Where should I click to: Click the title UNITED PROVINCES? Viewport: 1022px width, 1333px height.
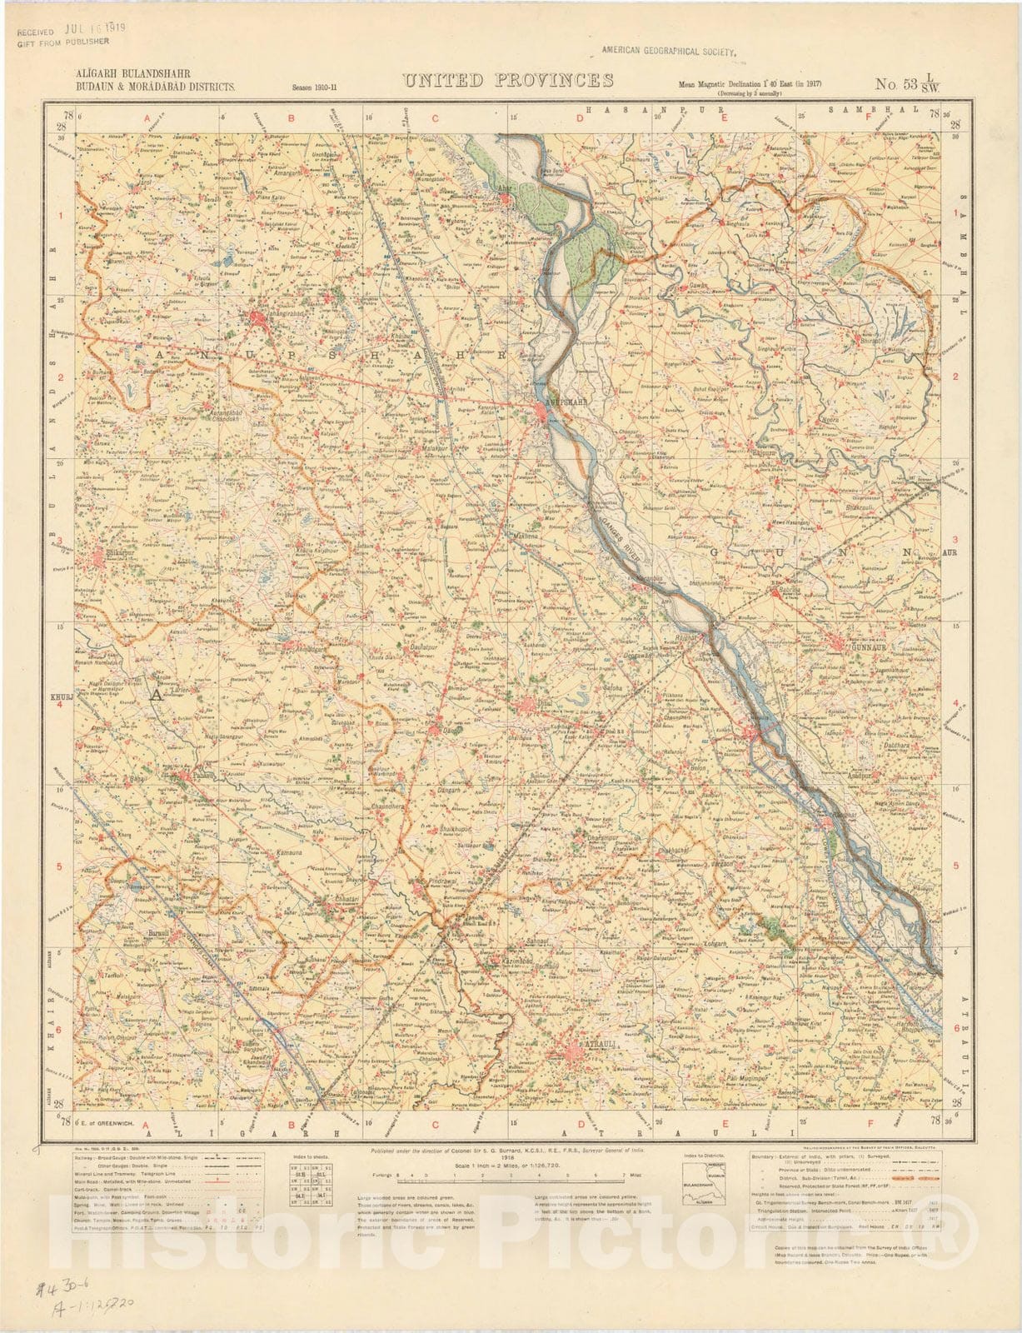[x=509, y=81]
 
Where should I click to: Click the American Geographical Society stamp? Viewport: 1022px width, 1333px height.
[x=671, y=51]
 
